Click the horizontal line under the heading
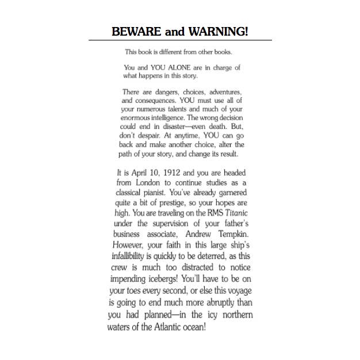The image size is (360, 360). tap(180, 40)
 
